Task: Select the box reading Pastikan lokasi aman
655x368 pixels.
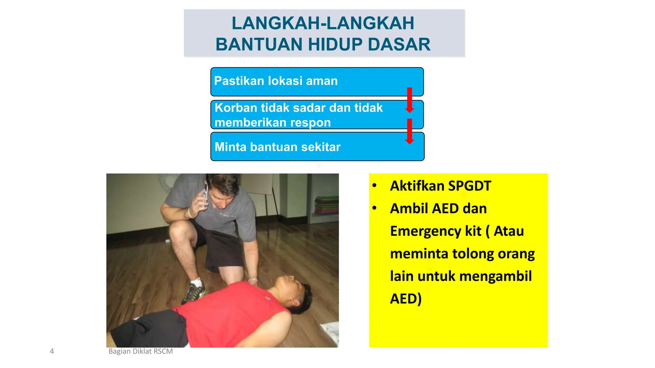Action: [317, 81]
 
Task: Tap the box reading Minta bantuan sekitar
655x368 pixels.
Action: [317, 147]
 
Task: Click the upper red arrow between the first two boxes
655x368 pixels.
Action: [409, 100]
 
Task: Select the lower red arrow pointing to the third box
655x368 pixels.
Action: [409, 131]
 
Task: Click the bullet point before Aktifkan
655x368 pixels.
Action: [375, 186]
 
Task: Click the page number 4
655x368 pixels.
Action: [52, 351]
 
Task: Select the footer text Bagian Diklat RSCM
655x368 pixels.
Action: [140, 351]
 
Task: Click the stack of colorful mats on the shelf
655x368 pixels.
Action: [326, 204]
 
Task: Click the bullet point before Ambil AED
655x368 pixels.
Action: [375, 208]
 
